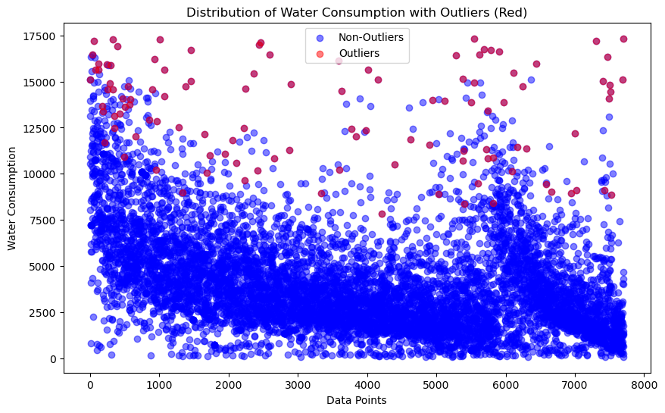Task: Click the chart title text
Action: (x=357, y=12)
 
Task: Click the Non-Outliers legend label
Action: (x=371, y=36)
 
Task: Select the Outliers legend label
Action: (x=359, y=53)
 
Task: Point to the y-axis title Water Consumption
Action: (x=12, y=199)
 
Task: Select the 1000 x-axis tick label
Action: (x=159, y=385)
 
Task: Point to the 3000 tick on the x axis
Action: (x=298, y=385)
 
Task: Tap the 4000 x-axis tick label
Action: (x=367, y=385)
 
